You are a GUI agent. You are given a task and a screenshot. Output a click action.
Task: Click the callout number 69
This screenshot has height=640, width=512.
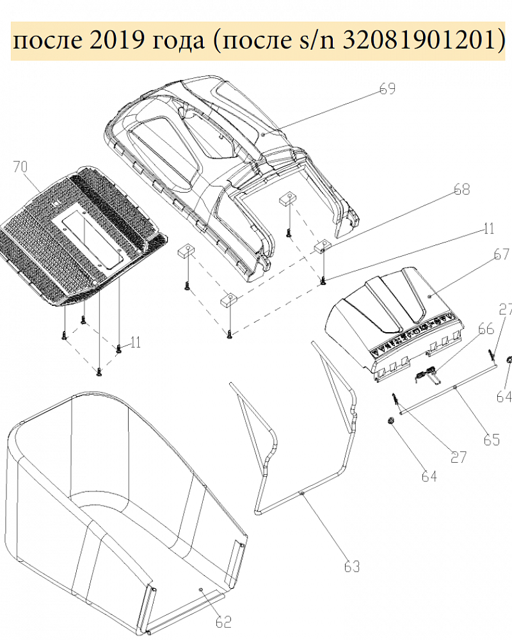387,88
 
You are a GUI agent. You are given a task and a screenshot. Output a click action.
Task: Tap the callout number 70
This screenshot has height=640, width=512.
20,166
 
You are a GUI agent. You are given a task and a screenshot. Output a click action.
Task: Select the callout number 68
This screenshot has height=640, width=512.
462,189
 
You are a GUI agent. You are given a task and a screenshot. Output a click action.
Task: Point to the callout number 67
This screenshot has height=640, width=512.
501,254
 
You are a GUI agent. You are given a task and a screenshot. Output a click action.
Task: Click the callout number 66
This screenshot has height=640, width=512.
486,328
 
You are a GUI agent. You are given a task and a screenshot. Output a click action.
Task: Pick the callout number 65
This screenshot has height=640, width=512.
492,440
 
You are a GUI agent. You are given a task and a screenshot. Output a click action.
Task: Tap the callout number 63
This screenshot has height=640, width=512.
352,566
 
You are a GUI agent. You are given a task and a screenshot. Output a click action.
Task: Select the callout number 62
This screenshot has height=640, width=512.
223,621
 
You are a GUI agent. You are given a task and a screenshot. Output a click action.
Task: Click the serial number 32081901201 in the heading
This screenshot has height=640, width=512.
419,40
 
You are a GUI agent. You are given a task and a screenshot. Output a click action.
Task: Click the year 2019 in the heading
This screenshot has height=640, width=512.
116,40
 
